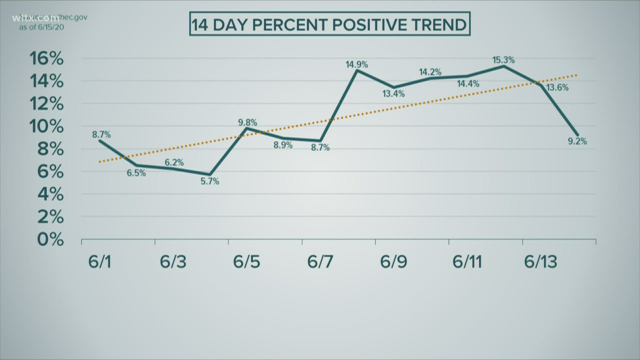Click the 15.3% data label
tap(503, 60)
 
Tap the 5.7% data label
tap(210, 181)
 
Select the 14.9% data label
tap(357, 64)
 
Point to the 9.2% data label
tap(577, 141)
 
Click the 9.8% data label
tap(247, 122)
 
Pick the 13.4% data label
tap(393, 94)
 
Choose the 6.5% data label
tap(136, 173)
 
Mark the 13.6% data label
tap(558, 88)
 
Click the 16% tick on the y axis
tap(47, 59)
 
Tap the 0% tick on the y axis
tap(50, 239)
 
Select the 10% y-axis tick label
tap(47, 127)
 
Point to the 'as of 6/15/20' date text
tap(41, 27)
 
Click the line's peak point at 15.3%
tap(504, 66)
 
